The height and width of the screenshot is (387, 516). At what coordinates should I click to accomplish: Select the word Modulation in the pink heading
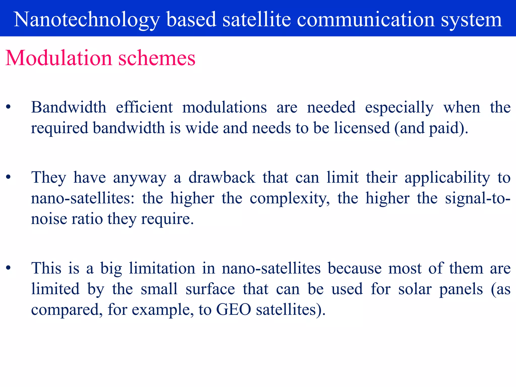tap(58, 58)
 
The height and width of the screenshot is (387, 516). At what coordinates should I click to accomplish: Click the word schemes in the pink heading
tap(157, 58)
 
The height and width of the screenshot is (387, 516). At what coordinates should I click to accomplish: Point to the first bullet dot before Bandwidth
tap(8, 107)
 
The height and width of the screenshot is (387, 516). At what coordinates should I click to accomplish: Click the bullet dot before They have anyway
tap(8, 177)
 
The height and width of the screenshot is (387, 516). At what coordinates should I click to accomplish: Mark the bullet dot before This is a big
tap(8, 268)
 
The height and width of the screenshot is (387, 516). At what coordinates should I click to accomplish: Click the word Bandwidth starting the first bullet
tap(69, 107)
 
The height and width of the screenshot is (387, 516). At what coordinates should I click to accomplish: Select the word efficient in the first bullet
tap(144, 107)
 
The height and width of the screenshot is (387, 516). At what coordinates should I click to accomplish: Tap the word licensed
tap(362, 128)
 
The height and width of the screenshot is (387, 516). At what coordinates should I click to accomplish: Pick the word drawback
tap(222, 177)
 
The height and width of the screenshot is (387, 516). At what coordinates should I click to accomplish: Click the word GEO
tap(234, 309)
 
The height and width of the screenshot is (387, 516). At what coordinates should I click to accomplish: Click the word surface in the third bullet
tap(210, 289)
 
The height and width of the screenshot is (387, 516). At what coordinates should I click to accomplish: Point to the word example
tap(163, 310)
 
